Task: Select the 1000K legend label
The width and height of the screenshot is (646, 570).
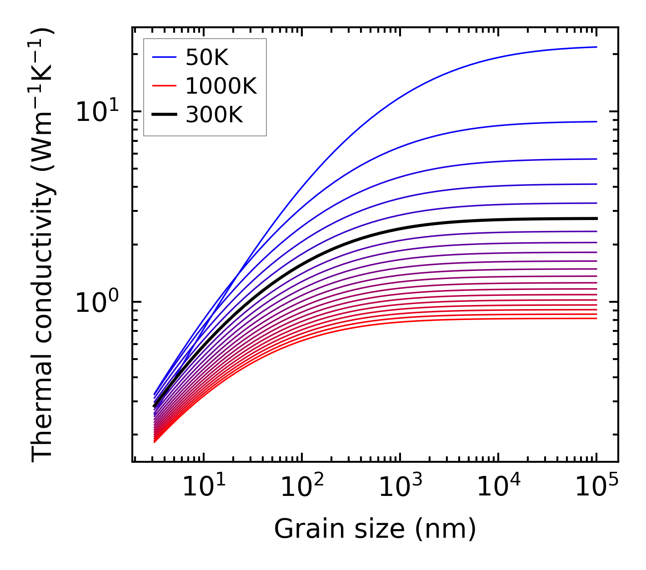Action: coord(221,86)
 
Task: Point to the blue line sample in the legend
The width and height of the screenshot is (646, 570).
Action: coord(164,57)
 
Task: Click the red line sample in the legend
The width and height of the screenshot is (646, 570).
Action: coord(164,86)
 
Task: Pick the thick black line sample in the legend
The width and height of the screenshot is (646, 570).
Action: coord(164,115)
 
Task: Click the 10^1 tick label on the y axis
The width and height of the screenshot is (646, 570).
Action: coord(96,111)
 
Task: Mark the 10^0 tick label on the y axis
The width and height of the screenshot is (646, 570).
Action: coord(96,302)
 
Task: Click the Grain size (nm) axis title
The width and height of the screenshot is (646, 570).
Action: coord(375,529)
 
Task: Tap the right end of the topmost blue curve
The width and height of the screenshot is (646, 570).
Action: coord(596,47)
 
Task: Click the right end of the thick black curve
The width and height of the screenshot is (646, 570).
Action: coord(596,219)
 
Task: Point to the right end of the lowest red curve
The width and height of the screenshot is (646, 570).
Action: coord(596,318)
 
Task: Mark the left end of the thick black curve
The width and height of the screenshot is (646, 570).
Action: coord(154,406)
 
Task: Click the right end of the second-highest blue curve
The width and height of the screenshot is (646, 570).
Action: coord(596,122)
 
